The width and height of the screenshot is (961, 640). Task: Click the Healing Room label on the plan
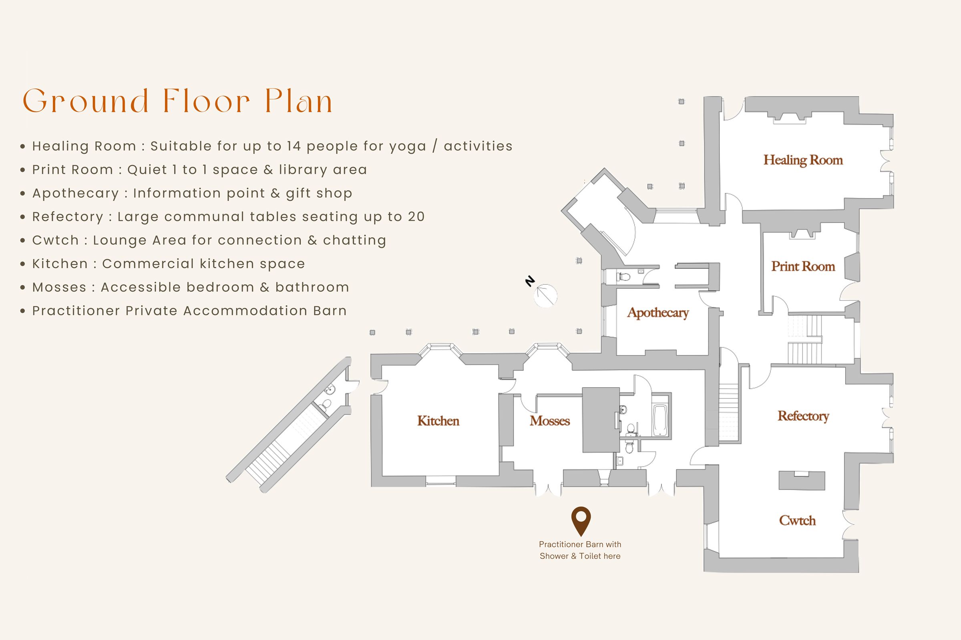coord(803,160)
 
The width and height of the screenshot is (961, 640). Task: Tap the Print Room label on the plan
coord(803,266)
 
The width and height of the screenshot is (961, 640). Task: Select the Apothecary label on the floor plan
coord(658,313)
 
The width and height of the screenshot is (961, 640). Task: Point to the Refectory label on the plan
coord(803,416)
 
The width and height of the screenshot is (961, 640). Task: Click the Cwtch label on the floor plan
coord(797,520)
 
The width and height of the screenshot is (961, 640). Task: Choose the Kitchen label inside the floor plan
coord(438,421)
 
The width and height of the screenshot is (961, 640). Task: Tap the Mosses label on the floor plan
coord(549,421)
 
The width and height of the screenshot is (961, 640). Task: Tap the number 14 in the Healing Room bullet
coord(294,146)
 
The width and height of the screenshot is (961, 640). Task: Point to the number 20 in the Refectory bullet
coord(416,217)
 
